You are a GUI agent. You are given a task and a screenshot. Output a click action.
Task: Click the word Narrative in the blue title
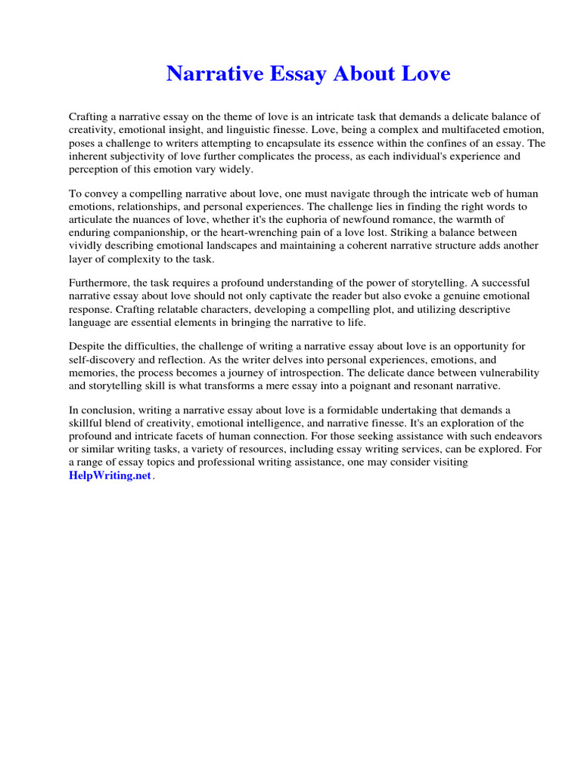[x=214, y=73]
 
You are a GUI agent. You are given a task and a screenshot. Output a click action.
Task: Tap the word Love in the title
[x=424, y=73]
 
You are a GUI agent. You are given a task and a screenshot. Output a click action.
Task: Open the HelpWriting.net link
[x=105, y=475]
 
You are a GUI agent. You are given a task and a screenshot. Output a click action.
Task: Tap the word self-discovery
[x=101, y=359]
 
